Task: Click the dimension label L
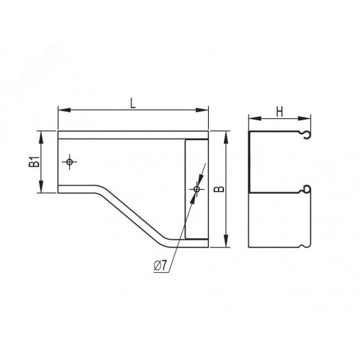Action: point(133,103)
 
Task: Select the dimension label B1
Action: point(34,161)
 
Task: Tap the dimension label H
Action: point(280,112)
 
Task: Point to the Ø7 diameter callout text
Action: point(160,266)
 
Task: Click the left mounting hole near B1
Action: point(69,162)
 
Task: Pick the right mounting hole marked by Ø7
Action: point(196,189)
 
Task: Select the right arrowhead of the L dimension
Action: point(202,110)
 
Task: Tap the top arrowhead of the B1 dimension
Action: point(41,137)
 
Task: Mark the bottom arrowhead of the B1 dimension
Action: point(41,187)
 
